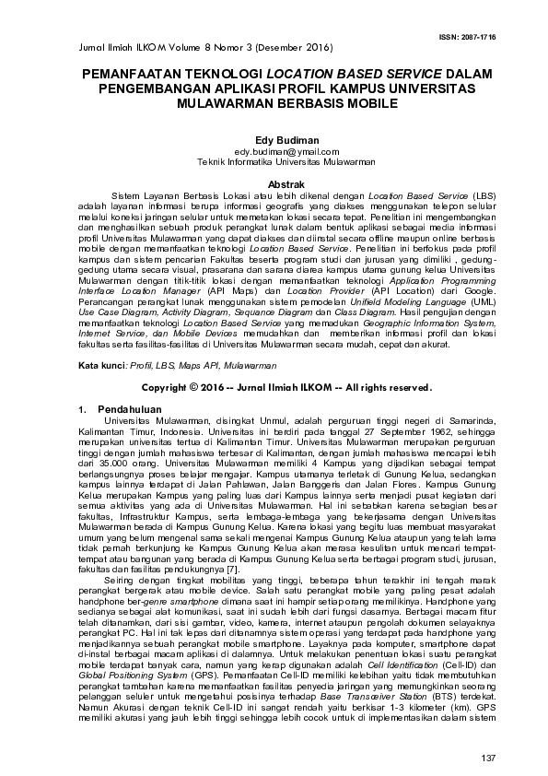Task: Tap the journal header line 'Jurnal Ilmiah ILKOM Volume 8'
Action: [147, 46]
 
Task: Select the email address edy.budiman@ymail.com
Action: [274, 151]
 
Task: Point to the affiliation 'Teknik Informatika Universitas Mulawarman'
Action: [274, 161]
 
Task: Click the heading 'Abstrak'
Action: [274, 185]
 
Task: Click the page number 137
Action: [488, 757]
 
